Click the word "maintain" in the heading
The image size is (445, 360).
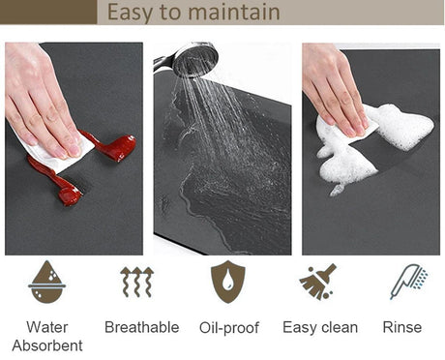(x=234, y=13)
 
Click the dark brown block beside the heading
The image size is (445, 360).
(x=48, y=12)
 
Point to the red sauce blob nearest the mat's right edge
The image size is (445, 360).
(x=121, y=148)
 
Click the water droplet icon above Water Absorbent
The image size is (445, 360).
(x=47, y=282)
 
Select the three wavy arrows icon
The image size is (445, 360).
(x=137, y=282)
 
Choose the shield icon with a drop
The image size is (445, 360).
(x=228, y=282)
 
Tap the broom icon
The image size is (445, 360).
(x=317, y=282)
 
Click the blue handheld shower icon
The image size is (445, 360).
(x=408, y=282)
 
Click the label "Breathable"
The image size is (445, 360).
(x=142, y=327)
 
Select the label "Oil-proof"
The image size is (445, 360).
(x=229, y=328)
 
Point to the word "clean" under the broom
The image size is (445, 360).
(x=340, y=327)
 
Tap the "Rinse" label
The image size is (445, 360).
(x=402, y=327)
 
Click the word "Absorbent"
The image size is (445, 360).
(x=47, y=345)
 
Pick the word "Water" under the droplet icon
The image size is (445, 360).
(x=47, y=327)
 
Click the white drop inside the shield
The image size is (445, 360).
(x=228, y=280)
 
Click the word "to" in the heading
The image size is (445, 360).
(x=170, y=13)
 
